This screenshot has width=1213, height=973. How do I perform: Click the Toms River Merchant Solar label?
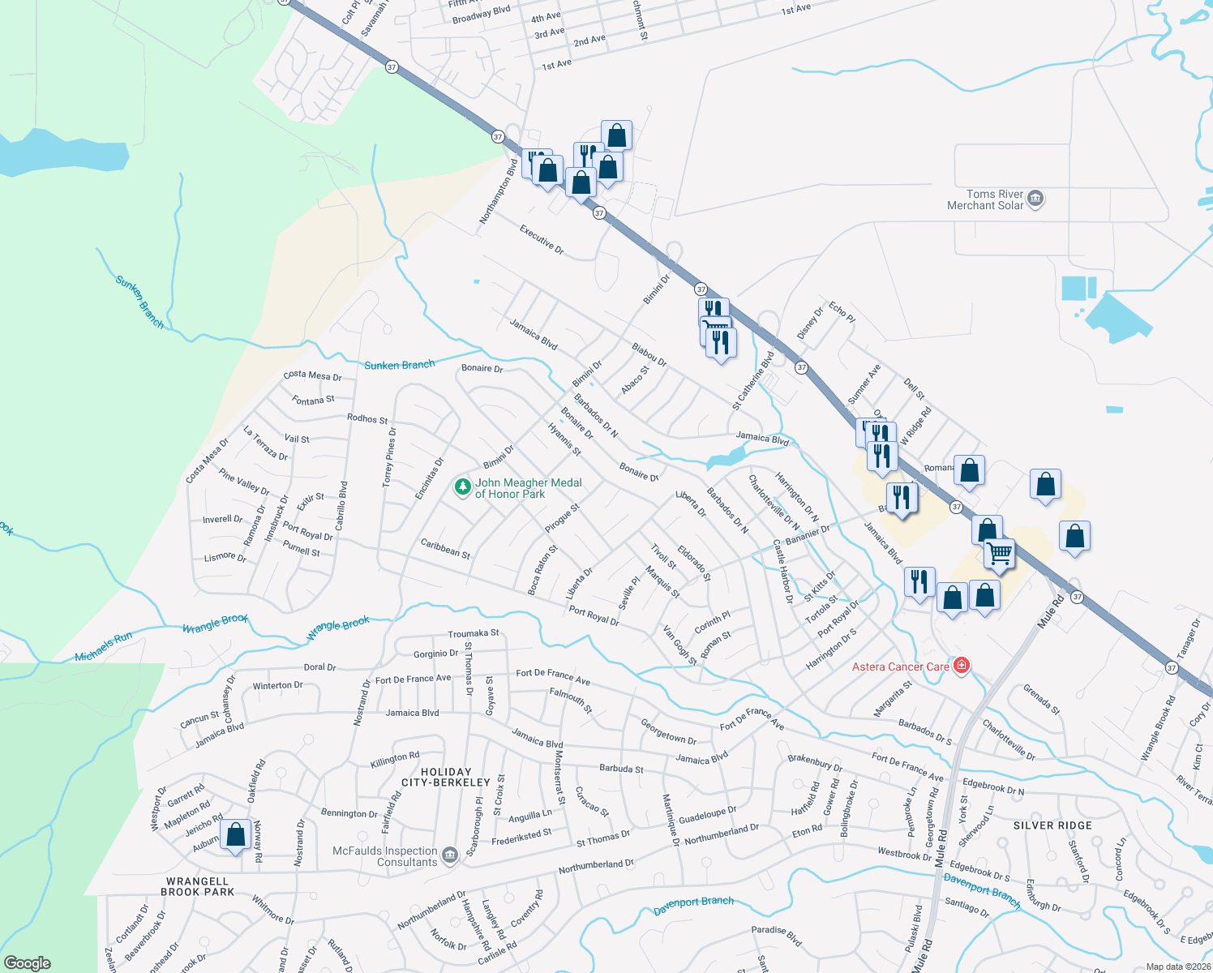985,200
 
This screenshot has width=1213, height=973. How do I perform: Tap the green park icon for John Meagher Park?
462,487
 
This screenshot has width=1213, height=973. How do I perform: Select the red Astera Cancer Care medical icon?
962,666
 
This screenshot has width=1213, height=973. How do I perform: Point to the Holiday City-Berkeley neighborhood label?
446,777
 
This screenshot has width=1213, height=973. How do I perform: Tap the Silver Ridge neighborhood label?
1052,825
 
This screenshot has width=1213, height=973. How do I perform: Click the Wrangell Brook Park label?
197,886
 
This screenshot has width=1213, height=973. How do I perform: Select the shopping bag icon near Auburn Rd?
235,835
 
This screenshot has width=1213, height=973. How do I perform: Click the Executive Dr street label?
542,240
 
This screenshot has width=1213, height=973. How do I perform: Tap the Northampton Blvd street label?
498,192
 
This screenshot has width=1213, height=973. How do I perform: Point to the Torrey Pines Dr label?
389,457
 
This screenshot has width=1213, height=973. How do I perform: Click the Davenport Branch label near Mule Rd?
981,889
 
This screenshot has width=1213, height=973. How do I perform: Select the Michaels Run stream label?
103,647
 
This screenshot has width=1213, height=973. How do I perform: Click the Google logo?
27,963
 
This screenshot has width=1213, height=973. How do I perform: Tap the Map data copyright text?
1177,967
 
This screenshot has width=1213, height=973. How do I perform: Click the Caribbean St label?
445,548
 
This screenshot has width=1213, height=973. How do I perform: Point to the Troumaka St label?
474,633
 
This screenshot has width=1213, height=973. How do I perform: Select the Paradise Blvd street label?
776,935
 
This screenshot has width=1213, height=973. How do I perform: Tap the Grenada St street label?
1041,699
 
